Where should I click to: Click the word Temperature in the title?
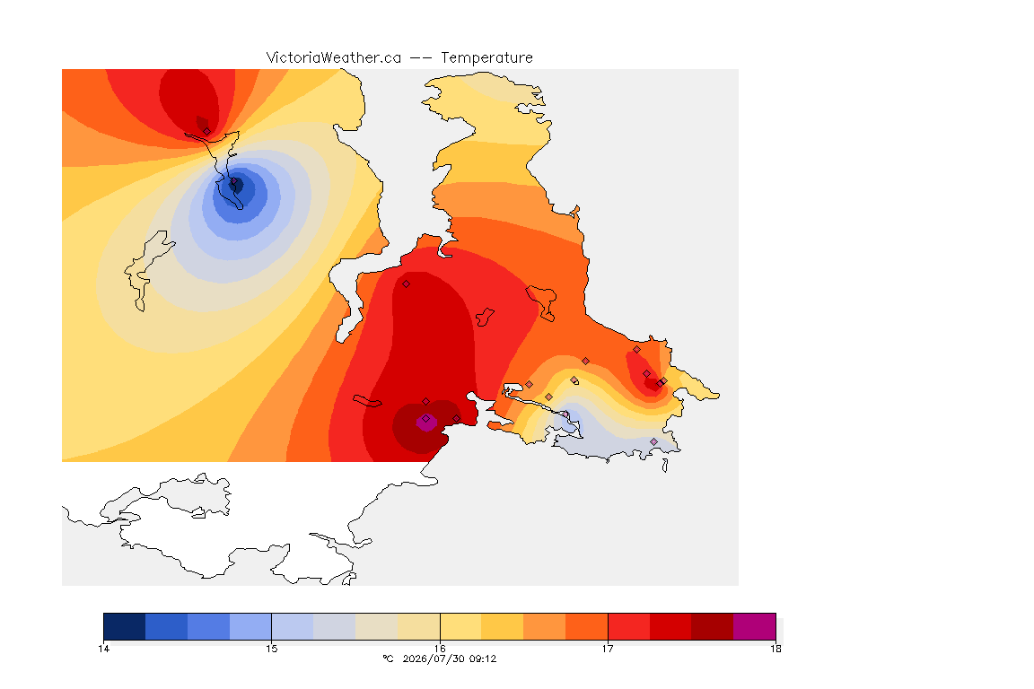[486, 58]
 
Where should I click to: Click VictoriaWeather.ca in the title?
[334, 58]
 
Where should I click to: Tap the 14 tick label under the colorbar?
[103, 649]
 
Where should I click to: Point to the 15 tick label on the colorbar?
[272, 649]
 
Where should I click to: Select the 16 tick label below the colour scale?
[440, 649]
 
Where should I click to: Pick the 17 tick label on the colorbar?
[608, 649]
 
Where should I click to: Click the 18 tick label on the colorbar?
[775, 649]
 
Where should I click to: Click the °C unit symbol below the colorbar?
[388, 658]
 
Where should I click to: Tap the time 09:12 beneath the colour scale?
[483, 658]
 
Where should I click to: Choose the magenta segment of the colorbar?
[754, 626]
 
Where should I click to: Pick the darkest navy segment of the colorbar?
[125, 626]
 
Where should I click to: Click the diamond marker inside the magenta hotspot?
[426, 419]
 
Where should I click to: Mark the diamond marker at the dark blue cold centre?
[232, 180]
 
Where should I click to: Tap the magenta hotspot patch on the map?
[426, 422]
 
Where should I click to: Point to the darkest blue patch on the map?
[236, 185]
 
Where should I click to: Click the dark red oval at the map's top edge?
[190, 99]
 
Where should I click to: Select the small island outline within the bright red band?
[485, 317]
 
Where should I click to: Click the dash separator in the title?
[421, 58]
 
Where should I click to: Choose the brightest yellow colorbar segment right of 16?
[461, 626]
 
